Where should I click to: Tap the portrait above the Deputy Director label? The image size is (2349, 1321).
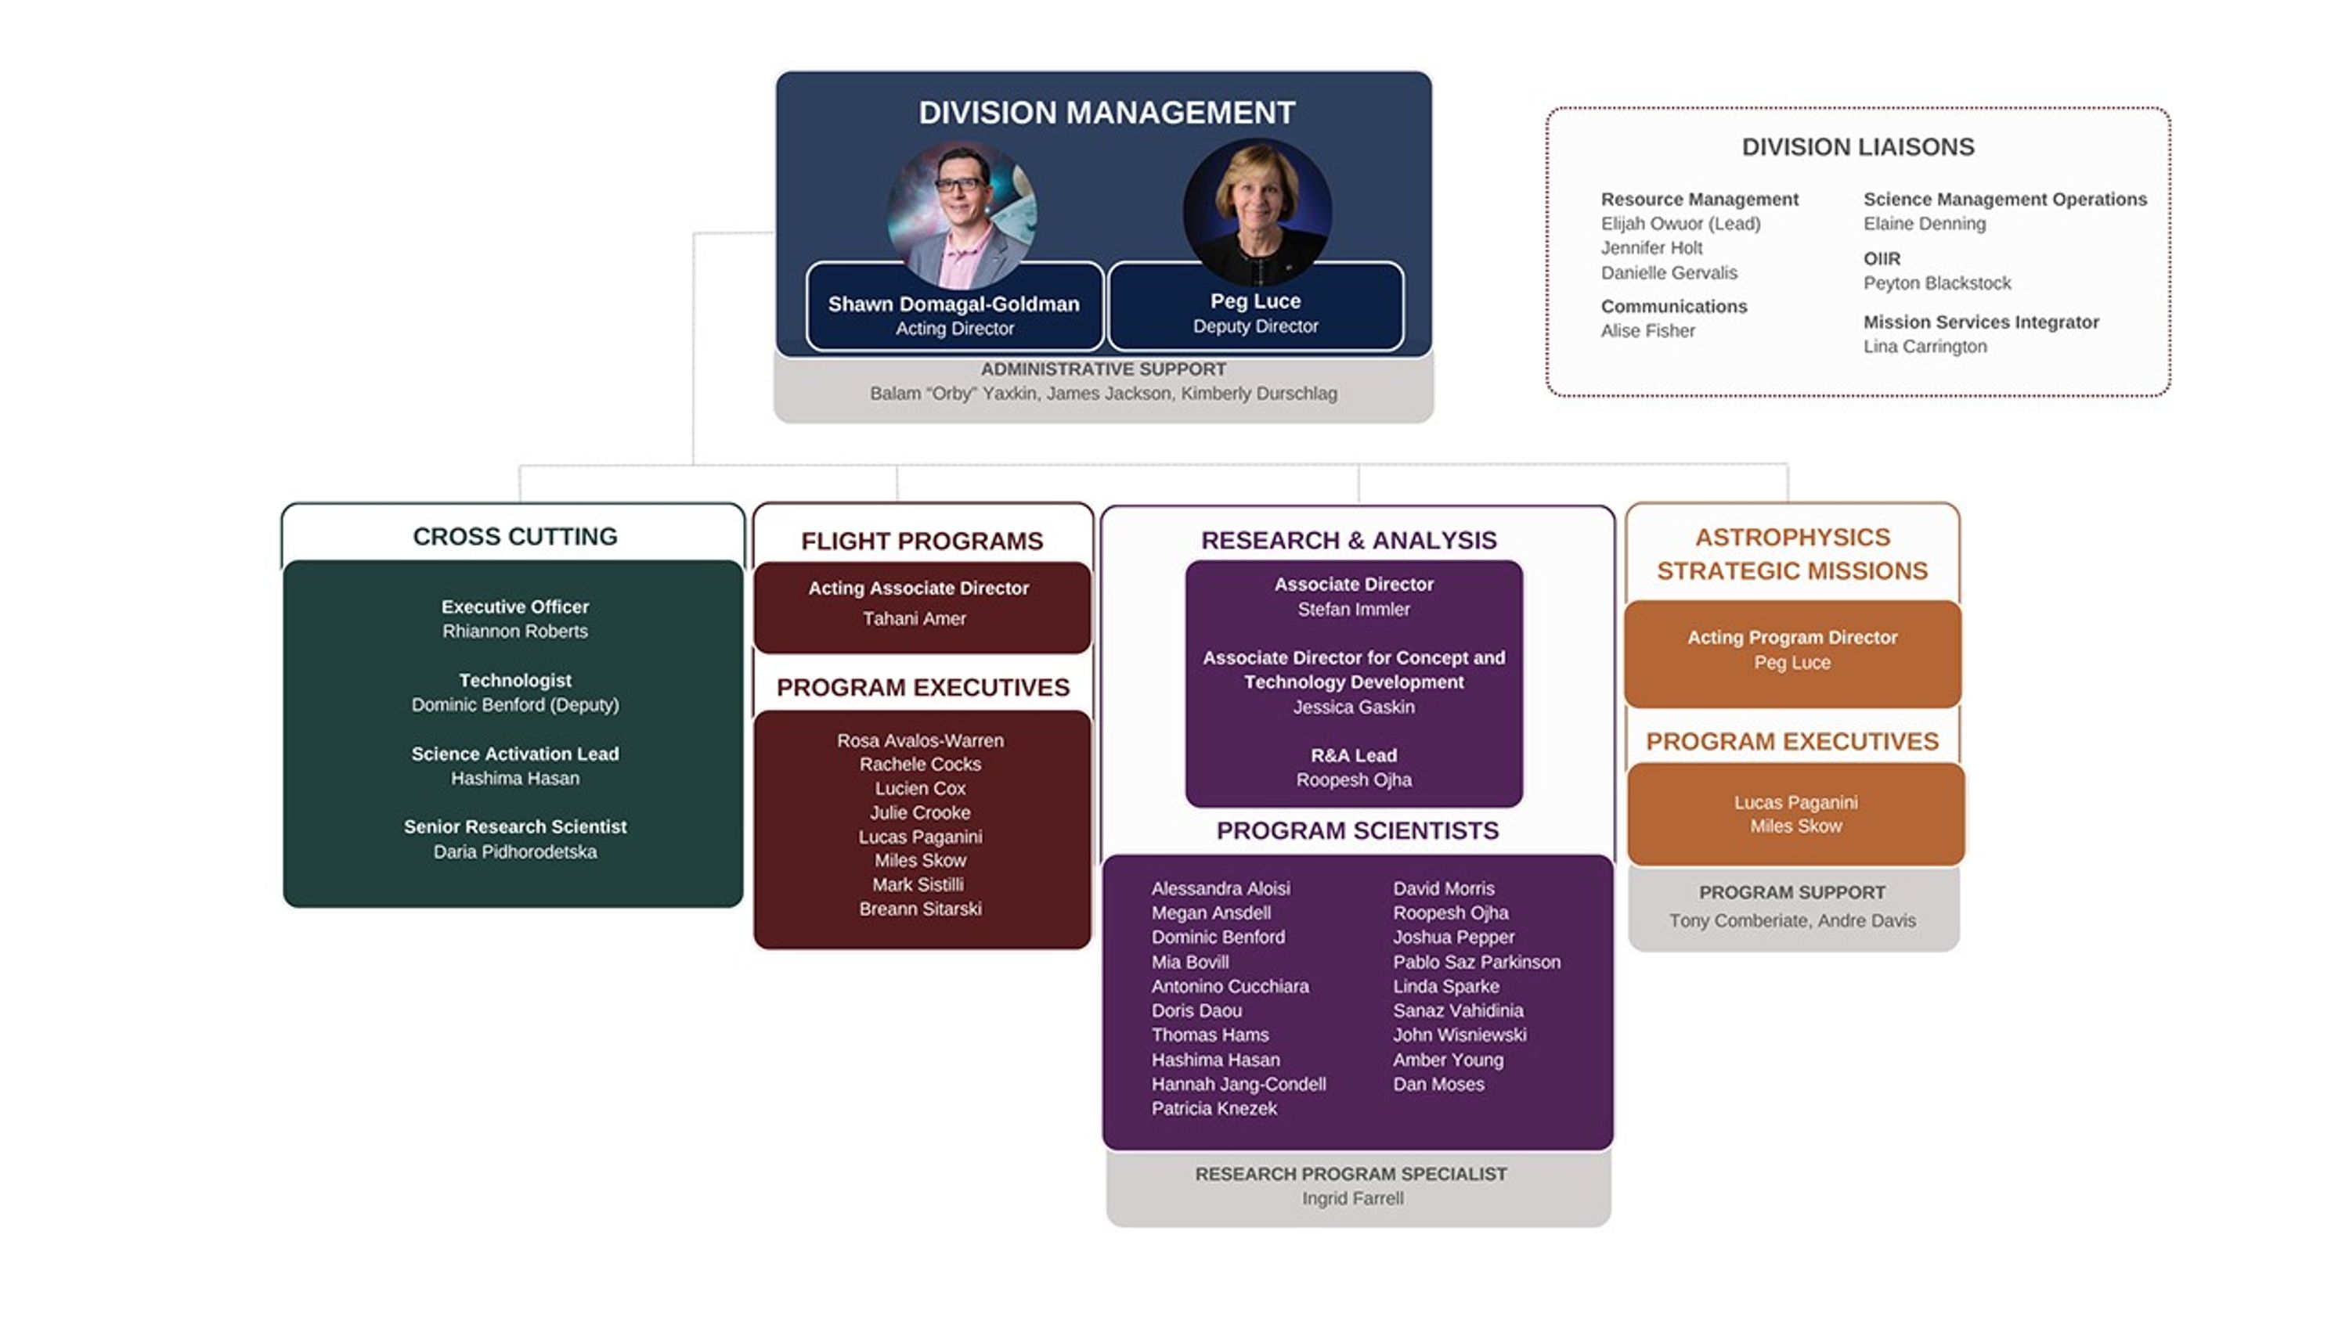pos(1257,211)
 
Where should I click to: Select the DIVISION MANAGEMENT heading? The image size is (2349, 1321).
pos(1105,113)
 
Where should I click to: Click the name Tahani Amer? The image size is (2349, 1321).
pos(914,619)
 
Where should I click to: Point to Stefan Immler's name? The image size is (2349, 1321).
pos(1353,610)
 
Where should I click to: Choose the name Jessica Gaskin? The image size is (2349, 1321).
pos(1353,707)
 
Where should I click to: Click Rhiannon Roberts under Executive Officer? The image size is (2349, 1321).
pos(514,632)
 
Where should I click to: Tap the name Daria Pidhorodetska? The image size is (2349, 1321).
pos(514,852)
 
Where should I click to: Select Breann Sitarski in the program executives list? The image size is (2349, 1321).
pos(920,909)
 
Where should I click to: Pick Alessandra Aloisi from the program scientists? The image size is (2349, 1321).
pos(1220,889)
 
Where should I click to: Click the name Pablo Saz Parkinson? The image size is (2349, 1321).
pos(1476,963)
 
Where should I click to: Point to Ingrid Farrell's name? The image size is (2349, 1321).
pos(1352,1199)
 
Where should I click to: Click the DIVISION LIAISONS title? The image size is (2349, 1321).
pos(1857,148)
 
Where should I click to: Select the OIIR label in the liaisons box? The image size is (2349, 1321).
pos(1882,259)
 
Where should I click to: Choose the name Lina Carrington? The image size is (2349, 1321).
pos(1924,347)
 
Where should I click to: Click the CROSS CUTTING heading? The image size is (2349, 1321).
pos(514,537)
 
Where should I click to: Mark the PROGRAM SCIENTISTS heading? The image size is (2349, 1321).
pos(1357,831)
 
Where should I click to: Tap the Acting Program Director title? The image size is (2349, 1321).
pos(1791,638)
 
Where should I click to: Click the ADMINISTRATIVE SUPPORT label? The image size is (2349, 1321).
pos(1102,370)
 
